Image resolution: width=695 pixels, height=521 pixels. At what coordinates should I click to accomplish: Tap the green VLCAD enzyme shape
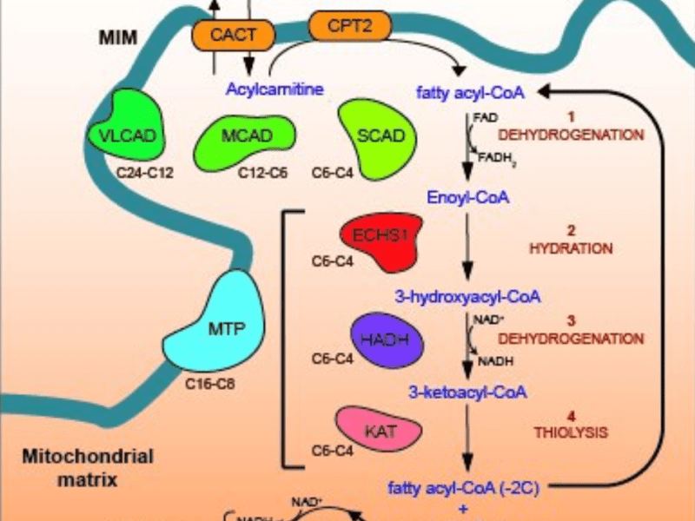pos(125,133)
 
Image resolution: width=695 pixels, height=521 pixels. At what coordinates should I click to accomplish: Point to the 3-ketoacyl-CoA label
pos(469,392)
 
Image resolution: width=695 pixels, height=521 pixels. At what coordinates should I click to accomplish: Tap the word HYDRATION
pos(571,248)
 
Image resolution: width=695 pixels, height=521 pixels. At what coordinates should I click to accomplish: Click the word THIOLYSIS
pos(571,432)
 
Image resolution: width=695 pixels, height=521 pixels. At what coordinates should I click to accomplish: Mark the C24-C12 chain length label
pos(145,172)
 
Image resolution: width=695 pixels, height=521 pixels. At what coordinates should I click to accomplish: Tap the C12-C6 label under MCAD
pos(263,172)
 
